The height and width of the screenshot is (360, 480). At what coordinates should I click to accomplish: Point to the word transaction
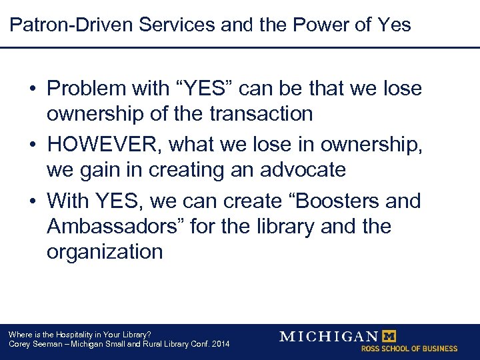(261, 114)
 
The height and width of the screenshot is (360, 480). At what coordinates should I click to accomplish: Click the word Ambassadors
(115, 226)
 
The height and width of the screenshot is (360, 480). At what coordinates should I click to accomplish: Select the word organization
(105, 252)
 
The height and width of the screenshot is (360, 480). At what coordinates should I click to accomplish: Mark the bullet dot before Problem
(33, 89)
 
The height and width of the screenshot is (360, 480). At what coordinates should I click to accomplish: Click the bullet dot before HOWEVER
(33, 145)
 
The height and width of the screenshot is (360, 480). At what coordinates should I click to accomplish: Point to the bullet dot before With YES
(33, 201)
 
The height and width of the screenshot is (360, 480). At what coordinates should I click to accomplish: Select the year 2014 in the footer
(219, 344)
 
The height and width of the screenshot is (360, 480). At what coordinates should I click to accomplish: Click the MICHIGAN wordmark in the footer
(329, 336)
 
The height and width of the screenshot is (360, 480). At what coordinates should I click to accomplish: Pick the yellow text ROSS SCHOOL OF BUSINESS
(409, 349)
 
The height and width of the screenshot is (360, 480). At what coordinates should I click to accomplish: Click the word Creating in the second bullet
(185, 170)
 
